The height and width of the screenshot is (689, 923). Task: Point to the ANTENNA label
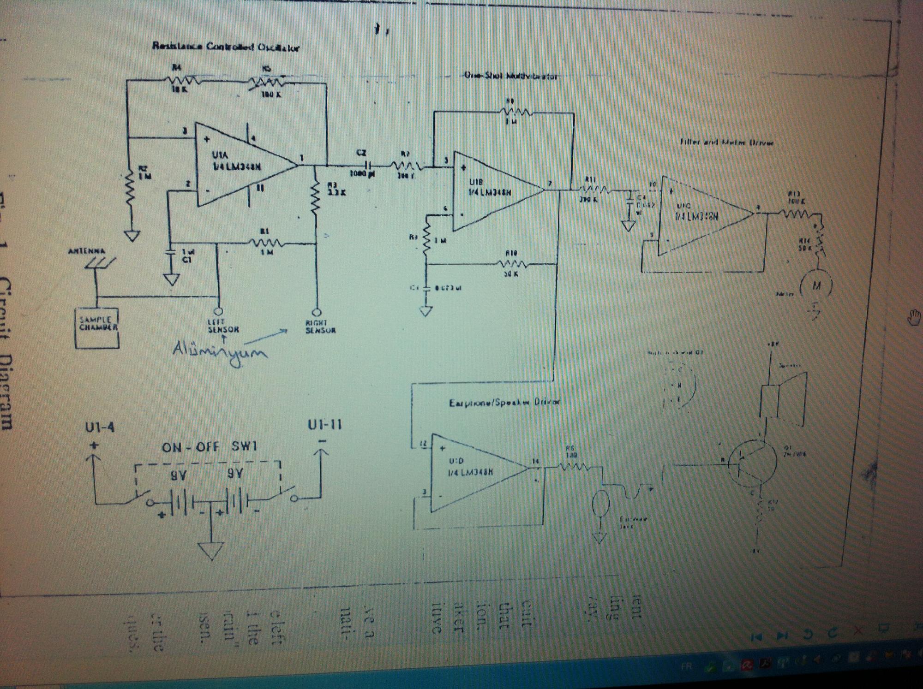pyautogui.click(x=86, y=251)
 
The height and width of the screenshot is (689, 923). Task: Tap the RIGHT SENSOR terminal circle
pyautogui.click(x=317, y=312)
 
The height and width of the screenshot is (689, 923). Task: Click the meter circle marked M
pyautogui.click(x=816, y=285)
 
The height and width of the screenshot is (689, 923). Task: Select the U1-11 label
pyautogui.click(x=325, y=425)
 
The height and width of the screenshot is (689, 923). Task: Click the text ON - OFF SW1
pyautogui.click(x=209, y=446)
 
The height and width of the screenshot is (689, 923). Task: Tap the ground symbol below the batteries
pyautogui.click(x=211, y=549)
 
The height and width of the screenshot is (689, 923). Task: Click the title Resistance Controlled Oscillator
pyautogui.click(x=226, y=47)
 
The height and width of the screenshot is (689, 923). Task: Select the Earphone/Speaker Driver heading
pyautogui.click(x=504, y=403)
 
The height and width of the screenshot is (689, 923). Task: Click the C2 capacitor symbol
pyautogui.click(x=367, y=165)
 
